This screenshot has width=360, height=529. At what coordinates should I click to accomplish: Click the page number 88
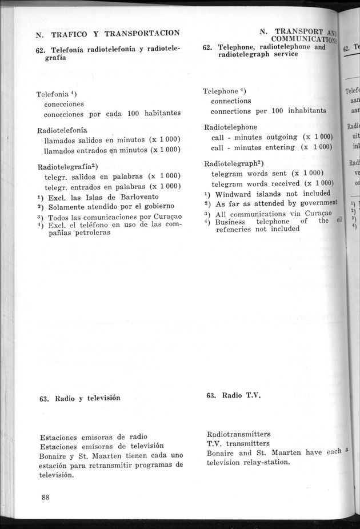pos(46,497)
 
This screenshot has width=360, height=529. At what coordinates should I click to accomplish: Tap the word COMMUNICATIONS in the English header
pos(303,39)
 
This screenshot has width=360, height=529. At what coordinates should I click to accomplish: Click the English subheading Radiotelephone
pos(230,127)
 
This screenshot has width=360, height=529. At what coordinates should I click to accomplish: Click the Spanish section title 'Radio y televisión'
pos(87,398)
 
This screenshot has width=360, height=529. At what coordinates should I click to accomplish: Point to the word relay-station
pos(263,462)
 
